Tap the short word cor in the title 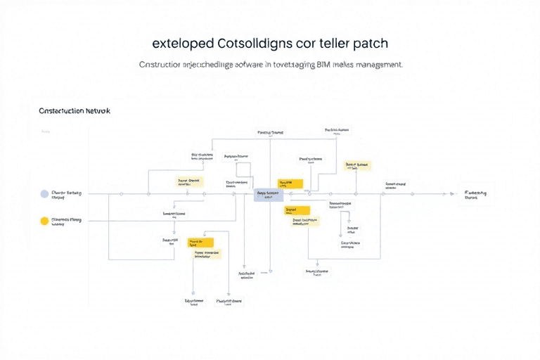coord(308,44)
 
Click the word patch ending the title coord(371,44)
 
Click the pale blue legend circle coord(45,193)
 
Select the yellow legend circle coord(45,221)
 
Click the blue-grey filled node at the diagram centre coord(268,195)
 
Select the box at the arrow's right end coord(476,193)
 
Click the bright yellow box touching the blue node coord(290,184)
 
